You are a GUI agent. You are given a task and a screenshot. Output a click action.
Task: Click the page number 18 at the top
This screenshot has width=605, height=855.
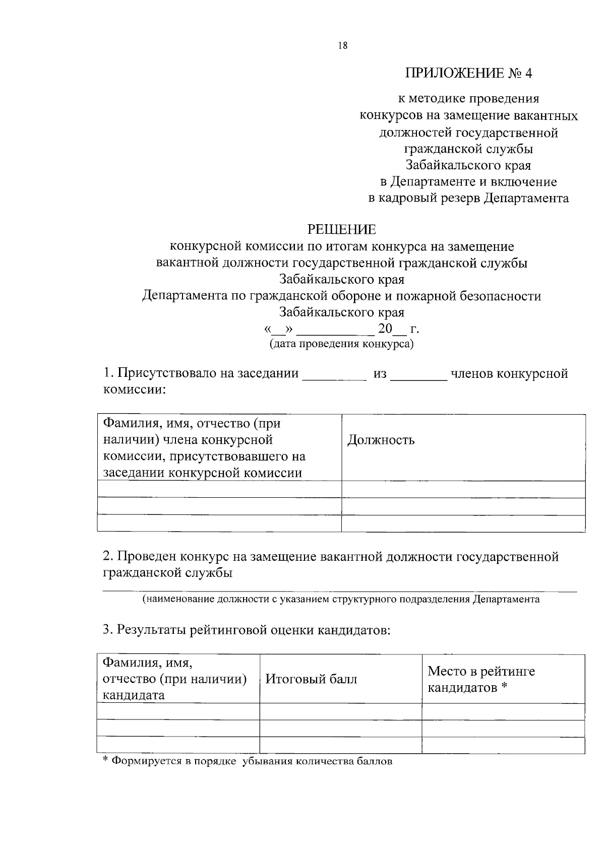[x=343, y=46]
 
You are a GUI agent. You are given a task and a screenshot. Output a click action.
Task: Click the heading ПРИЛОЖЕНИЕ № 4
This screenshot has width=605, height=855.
[x=469, y=74]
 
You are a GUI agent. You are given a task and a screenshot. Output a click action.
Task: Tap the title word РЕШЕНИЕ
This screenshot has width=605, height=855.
[x=342, y=230]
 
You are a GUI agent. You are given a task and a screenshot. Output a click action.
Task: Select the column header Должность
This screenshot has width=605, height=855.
[x=381, y=440]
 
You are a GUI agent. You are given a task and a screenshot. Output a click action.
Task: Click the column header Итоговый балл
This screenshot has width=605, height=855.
[x=311, y=679]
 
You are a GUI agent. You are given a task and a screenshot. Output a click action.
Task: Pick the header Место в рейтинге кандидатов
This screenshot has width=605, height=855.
[x=481, y=679]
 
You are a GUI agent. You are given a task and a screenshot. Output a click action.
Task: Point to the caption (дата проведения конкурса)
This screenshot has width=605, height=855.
[x=341, y=344]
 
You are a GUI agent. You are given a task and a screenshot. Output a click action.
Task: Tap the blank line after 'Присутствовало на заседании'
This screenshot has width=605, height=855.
[x=334, y=376]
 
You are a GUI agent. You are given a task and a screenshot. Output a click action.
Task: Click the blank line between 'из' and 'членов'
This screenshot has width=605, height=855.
[x=419, y=376]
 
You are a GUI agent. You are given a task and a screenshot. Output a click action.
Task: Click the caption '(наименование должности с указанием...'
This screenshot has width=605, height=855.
[x=341, y=599]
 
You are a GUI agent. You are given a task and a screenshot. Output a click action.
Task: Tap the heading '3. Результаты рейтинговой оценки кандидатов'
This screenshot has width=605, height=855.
[x=247, y=630]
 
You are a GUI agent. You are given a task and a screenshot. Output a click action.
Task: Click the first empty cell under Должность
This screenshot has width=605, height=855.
[x=463, y=489]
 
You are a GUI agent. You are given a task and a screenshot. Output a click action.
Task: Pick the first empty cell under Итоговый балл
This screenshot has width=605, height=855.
[x=340, y=711]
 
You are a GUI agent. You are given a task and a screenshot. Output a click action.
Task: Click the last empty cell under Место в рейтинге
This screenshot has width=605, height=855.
[x=503, y=745]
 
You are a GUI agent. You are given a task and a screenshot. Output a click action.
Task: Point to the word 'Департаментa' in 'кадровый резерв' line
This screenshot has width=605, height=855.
[x=526, y=198]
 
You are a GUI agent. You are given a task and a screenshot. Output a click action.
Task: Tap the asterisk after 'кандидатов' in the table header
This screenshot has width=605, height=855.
[x=503, y=687]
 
